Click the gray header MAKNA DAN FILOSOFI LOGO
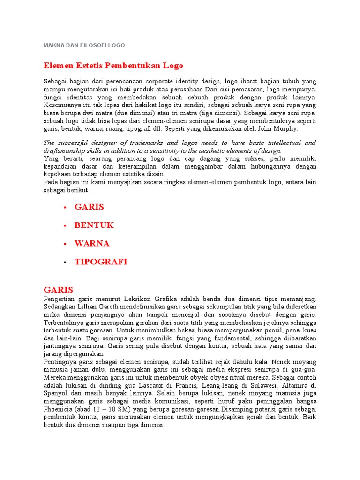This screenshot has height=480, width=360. pyautogui.click(x=84, y=45)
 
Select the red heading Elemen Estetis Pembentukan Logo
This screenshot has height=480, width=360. pyautogui.click(x=113, y=66)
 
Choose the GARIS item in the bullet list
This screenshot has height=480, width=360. pyautogui.click(x=89, y=207)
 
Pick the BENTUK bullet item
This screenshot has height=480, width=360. pyautogui.click(x=94, y=225)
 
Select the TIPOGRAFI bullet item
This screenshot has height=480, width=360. pyautogui.click(x=101, y=262)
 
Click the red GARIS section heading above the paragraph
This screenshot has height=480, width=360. pyautogui.click(x=59, y=290)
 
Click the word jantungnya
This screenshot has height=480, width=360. pyautogui.click(x=61, y=346)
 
